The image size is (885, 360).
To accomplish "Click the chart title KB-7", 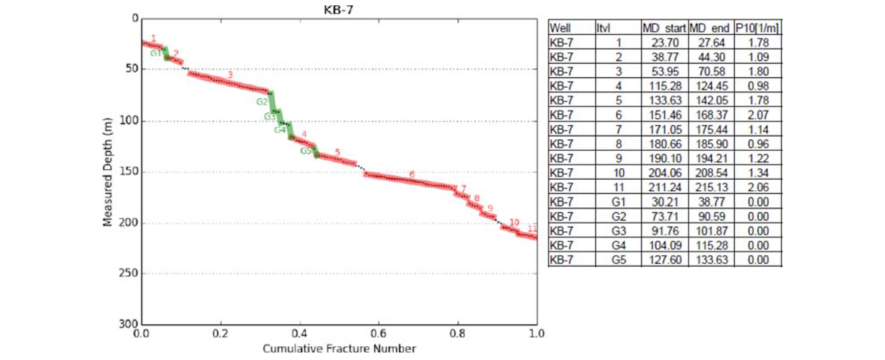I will click(x=338, y=10).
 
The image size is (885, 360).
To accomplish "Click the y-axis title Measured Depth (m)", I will click(x=108, y=172).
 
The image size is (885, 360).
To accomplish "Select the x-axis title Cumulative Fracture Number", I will click(x=339, y=349).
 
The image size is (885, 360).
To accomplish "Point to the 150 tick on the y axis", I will click(x=129, y=171).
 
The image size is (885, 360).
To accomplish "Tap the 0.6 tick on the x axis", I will click(x=378, y=334).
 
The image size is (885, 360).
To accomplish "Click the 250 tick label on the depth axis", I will click(x=129, y=273).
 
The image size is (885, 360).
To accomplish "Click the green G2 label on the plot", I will click(x=262, y=102).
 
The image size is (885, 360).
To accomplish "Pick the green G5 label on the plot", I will click(x=306, y=151).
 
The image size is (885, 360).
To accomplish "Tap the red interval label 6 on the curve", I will click(x=412, y=174).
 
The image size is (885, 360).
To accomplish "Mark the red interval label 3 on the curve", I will click(x=230, y=75).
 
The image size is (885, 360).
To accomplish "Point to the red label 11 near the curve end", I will click(x=532, y=229).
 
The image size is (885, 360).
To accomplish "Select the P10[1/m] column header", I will click(x=757, y=28).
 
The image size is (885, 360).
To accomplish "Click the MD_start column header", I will click(x=664, y=28).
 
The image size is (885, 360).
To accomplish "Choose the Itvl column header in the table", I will click(x=604, y=28).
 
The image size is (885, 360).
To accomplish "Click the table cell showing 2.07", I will click(x=758, y=115).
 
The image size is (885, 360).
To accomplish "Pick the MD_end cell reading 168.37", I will click(x=711, y=115).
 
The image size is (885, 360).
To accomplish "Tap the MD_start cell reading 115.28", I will click(x=665, y=86).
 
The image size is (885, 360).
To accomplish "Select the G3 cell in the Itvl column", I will click(x=618, y=231).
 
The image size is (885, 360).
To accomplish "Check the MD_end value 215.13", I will click(x=711, y=187).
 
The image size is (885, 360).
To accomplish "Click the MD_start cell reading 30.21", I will click(x=665, y=202).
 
